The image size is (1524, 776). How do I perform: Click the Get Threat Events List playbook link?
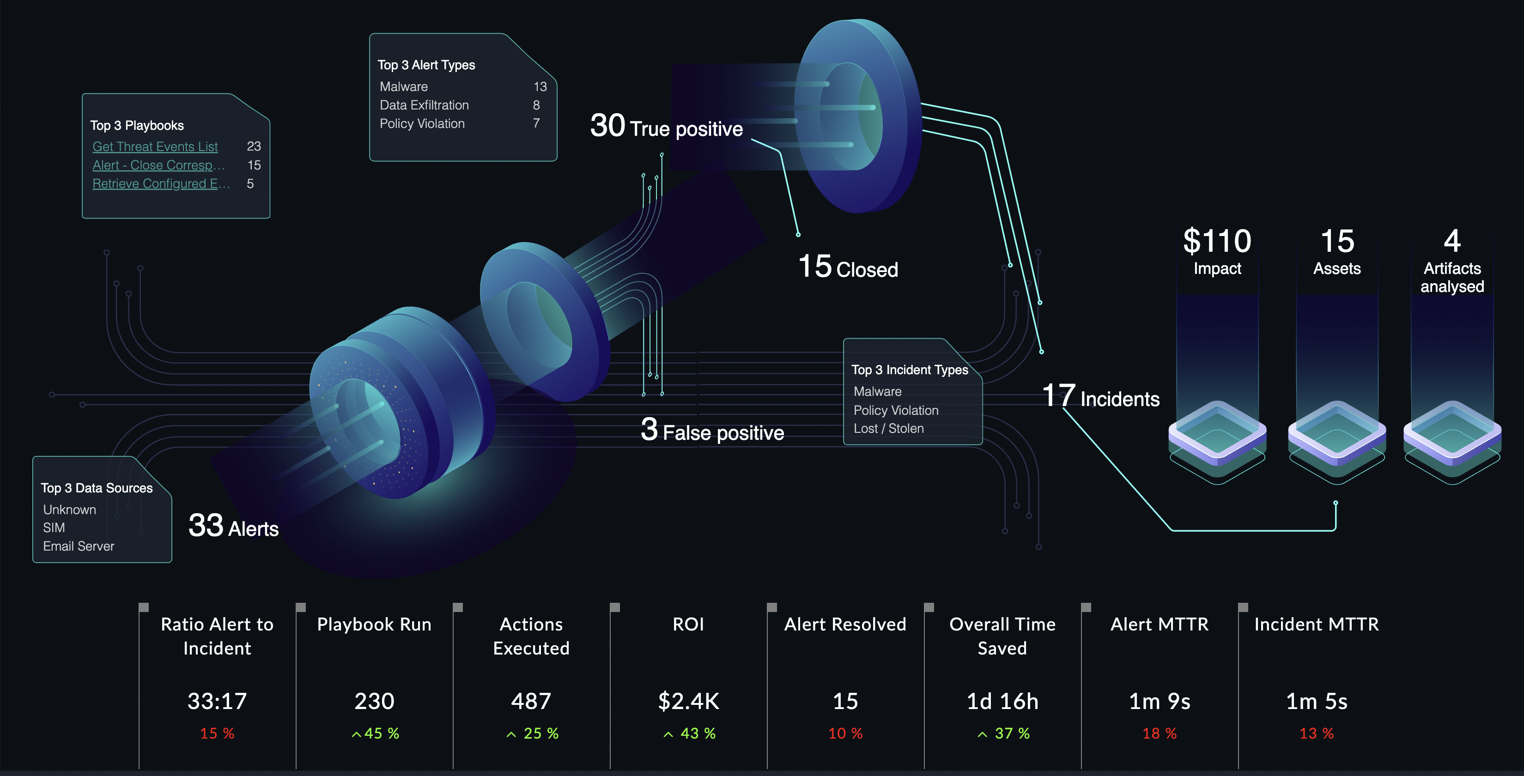[x=155, y=147]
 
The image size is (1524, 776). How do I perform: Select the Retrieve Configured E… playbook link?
[x=160, y=184]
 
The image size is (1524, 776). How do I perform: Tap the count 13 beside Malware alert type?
[x=540, y=87]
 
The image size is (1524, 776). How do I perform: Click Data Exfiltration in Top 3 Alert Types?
[x=424, y=105]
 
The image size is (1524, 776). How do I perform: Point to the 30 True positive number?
[x=607, y=126]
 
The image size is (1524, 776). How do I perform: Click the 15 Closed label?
[x=848, y=268]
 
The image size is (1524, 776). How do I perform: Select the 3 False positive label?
[x=712, y=431]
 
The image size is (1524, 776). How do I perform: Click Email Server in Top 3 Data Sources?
[x=79, y=546]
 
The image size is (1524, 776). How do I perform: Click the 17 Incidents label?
[x=1100, y=397]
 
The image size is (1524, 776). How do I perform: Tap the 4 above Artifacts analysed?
[x=1452, y=241]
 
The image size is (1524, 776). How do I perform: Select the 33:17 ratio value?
[x=217, y=701]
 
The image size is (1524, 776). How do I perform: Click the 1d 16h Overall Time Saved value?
[x=1002, y=701]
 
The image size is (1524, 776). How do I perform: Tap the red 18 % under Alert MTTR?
[x=1159, y=734]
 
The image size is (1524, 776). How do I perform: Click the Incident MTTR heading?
[x=1316, y=624]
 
